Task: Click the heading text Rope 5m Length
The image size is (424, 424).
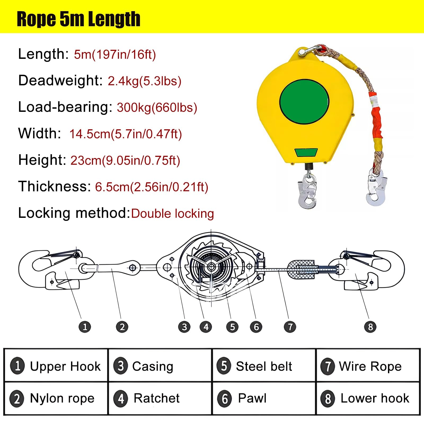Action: pos(78,19)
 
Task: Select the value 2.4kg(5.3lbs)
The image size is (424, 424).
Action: pos(144,81)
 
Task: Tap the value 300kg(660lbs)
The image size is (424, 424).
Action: pos(157,107)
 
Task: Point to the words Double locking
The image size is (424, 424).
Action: pos(173,213)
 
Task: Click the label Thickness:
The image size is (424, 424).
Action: pos(55,186)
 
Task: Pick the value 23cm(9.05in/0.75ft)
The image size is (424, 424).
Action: pos(125,160)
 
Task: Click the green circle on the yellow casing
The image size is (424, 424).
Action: pos(304,102)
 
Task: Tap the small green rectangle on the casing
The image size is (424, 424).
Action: pos(306,152)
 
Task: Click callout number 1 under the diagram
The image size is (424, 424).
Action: pos(85,327)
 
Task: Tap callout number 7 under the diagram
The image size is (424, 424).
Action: pos(290,327)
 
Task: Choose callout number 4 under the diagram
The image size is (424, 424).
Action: pos(206,327)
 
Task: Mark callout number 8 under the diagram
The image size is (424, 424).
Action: pos(370,327)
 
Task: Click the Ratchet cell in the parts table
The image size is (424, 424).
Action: pos(160,398)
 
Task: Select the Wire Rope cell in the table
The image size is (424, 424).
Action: pos(368,366)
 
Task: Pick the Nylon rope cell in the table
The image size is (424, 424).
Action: pos(56,398)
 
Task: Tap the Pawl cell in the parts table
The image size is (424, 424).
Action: pos(264,398)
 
